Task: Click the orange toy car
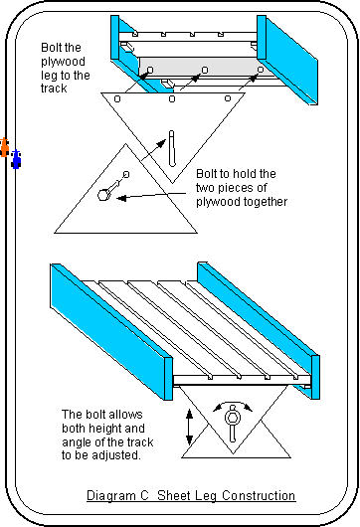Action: (x=4, y=147)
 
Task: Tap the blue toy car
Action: (x=16, y=159)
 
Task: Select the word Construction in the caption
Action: (x=259, y=495)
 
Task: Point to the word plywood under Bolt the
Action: (x=64, y=62)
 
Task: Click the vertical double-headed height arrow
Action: (x=189, y=427)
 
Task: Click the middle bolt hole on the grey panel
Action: (x=205, y=70)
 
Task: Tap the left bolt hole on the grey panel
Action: (x=150, y=70)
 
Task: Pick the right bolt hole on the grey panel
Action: (x=261, y=70)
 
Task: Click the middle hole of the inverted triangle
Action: (x=172, y=98)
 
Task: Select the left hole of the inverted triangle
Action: (x=117, y=98)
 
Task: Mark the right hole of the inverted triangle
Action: (x=228, y=98)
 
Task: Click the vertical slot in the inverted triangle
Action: (x=172, y=148)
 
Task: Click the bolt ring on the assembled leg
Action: (x=232, y=418)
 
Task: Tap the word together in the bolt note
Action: (x=266, y=202)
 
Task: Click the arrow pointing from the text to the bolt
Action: (x=151, y=196)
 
